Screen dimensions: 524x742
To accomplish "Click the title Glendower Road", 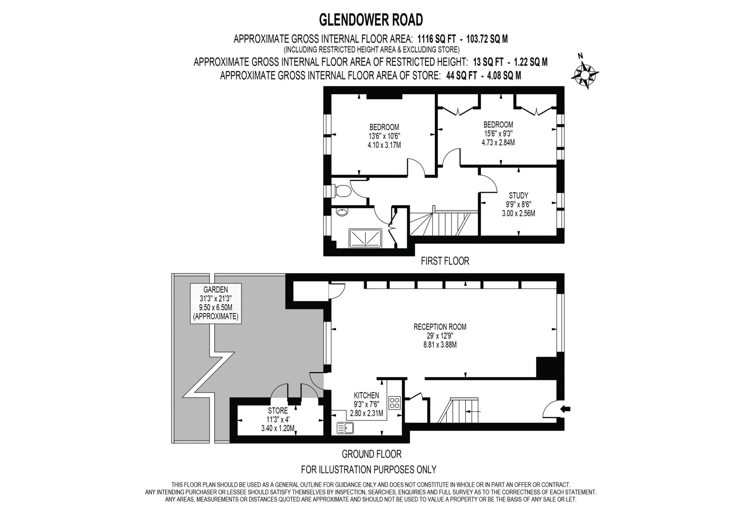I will pos(371,20).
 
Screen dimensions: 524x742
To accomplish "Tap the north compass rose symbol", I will pos(585,75).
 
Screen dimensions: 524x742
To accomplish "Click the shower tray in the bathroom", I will pos(365,238).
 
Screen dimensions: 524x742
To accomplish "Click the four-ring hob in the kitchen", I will pos(394,403).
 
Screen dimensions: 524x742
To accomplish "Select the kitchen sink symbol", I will pos(345,428).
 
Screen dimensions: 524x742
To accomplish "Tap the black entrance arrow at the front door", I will pos(565,409).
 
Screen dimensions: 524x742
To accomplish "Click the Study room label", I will pos(518,204).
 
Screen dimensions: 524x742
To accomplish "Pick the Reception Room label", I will pos(440,336).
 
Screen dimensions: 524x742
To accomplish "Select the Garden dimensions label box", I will pos(216,303).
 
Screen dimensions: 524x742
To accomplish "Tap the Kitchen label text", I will pos(366,395).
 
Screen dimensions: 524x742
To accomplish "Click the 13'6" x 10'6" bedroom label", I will pos(384,136).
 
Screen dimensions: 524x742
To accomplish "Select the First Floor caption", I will pos(445,261).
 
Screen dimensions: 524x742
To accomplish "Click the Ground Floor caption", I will pos(371,454).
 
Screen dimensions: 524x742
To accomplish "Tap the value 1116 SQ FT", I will pos(437,39).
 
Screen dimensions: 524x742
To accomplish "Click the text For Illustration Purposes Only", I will pos(368,470).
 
